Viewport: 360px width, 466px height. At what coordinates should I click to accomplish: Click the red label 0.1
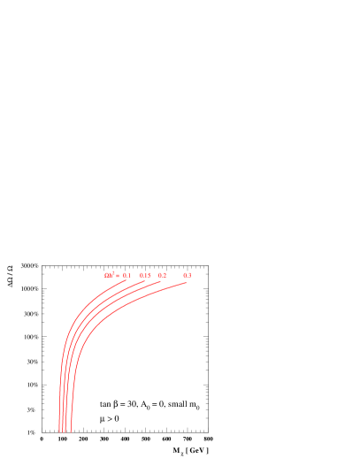tap(127, 276)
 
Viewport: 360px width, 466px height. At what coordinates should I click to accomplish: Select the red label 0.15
tap(145, 276)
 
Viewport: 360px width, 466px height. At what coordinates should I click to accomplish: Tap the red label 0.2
tap(163, 276)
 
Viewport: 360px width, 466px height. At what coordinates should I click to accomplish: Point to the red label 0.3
tap(188, 276)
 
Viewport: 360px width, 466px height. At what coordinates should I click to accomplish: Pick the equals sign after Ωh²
tap(118, 276)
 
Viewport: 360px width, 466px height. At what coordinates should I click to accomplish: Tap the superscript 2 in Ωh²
tap(113, 274)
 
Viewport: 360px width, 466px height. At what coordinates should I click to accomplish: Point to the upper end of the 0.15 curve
tap(145, 281)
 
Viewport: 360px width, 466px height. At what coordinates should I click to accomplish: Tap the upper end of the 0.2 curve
tap(161, 282)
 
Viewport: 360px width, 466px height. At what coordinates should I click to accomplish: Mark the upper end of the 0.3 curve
tap(187, 283)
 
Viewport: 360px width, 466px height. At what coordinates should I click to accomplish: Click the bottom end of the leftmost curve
tap(59, 432)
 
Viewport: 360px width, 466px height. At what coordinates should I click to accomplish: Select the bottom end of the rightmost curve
tap(71, 432)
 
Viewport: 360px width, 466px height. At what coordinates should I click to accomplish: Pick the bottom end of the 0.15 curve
tap(63, 432)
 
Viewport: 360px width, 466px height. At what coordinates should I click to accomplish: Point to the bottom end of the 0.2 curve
tap(66, 432)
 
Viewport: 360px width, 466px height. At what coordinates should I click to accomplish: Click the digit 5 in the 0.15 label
tap(149, 276)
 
